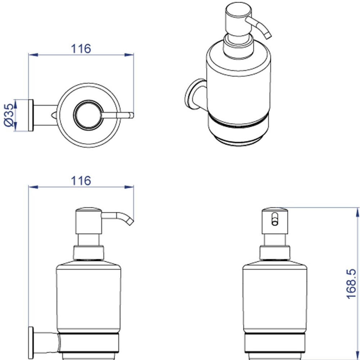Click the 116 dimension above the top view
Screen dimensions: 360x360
click(81, 49)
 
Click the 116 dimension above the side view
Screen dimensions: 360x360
click(81, 181)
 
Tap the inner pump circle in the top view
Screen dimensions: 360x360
click(88, 115)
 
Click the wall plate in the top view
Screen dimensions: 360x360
click(31, 115)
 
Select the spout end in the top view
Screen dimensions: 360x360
click(131, 115)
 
